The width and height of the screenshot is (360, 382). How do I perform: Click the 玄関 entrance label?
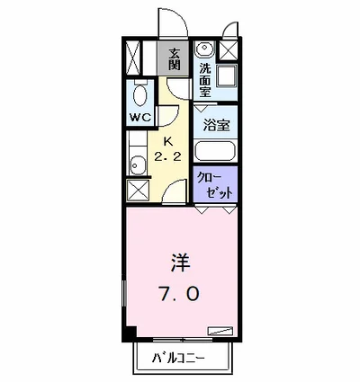173,58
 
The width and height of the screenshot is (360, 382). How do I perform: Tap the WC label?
139,117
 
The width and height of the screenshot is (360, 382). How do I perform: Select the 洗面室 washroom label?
205,79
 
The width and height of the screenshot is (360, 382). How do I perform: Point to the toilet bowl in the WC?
139,93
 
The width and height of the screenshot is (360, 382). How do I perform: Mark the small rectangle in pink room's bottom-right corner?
220,330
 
